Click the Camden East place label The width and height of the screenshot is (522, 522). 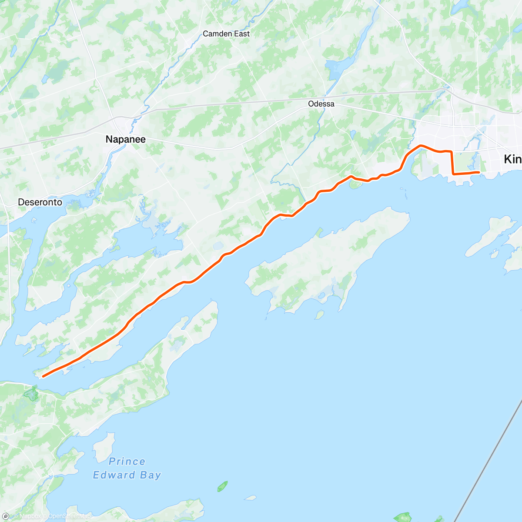point(226,33)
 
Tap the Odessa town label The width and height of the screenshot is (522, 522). point(321,104)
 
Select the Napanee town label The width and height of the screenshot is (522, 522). point(125,139)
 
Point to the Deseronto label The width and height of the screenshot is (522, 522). point(40,202)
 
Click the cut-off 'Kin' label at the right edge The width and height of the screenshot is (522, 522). point(512,159)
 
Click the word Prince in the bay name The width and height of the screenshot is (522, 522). point(127,462)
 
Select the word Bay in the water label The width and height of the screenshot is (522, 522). point(151,475)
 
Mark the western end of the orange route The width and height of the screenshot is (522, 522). point(43,376)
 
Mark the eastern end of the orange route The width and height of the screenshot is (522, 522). point(479,172)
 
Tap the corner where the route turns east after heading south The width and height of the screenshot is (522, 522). point(453,174)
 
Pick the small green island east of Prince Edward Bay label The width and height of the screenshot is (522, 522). point(222,486)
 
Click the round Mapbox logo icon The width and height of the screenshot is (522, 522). point(5,516)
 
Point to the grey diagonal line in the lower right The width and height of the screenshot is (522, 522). point(487,461)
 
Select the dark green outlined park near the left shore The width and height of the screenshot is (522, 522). point(31,394)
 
